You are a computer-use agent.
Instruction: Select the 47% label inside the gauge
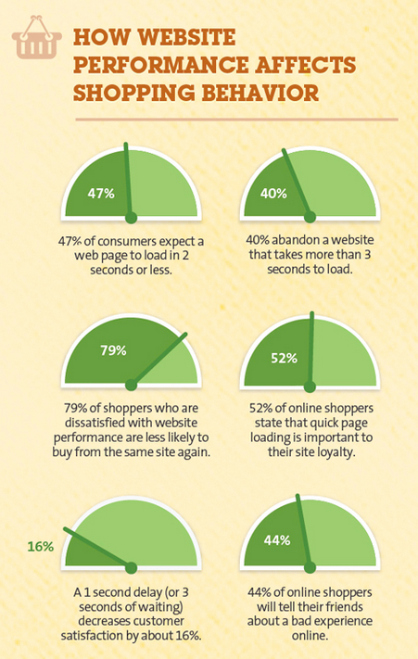tap(101, 194)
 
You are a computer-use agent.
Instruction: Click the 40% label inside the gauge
tap(273, 194)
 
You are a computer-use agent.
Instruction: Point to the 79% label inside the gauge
tap(113, 350)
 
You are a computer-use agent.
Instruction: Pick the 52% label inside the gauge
tap(284, 358)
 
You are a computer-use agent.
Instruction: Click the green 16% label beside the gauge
tap(40, 547)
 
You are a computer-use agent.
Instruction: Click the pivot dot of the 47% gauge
tap(131, 217)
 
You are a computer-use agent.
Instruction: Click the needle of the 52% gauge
tap(311, 346)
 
